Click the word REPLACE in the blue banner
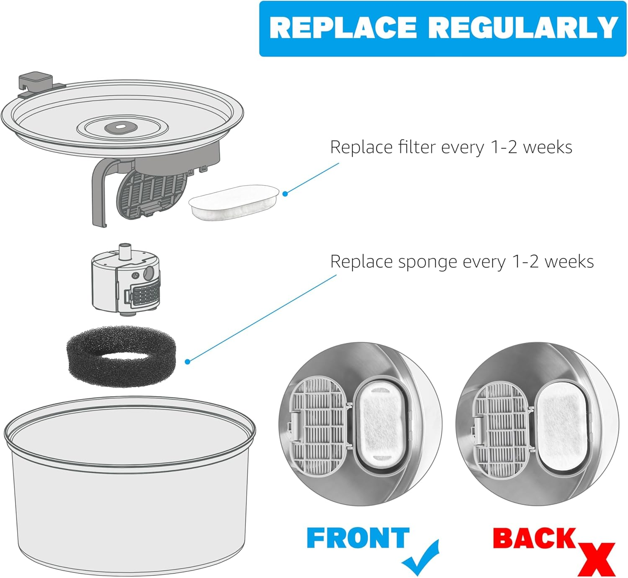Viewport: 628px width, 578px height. (342, 28)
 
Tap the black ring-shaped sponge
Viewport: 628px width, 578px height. (121, 356)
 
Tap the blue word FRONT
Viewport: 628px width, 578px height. (358, 538)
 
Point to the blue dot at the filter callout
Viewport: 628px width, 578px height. (285, 193)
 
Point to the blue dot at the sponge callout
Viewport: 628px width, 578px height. (188, 361)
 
